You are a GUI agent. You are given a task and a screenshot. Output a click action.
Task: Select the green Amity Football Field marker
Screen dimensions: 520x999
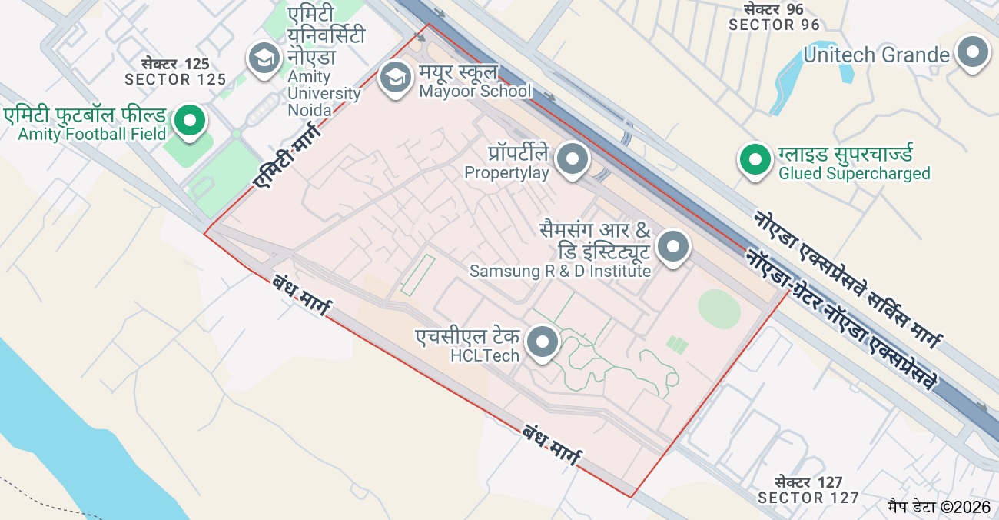189,120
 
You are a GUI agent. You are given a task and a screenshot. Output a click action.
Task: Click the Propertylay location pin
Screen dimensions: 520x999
571,158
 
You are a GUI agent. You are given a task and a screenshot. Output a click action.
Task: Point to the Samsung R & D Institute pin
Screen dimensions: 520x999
674,247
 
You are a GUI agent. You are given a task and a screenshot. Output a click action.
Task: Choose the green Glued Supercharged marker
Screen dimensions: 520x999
755,160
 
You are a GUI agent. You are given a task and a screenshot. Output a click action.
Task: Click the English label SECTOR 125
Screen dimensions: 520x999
175,79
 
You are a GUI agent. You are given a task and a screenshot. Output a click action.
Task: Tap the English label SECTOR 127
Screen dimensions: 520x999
808,498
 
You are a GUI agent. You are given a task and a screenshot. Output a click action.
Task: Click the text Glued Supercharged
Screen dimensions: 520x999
854,174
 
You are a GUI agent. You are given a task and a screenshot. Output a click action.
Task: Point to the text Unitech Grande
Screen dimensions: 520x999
876,55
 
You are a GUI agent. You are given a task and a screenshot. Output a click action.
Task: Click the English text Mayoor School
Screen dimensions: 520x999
475,92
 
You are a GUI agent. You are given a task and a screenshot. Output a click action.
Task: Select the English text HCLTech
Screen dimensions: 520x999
484,355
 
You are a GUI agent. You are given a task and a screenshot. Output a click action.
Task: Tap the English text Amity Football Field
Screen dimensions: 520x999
92,135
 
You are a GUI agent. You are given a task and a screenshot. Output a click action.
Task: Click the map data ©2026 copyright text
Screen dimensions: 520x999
938,506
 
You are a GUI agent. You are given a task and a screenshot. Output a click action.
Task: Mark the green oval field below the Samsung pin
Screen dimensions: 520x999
719,308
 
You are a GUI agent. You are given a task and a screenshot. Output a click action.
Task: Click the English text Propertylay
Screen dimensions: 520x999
506,173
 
